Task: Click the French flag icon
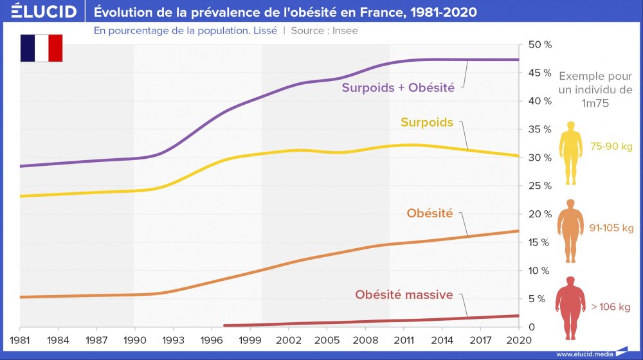tap(41, 48)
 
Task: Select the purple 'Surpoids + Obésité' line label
tap(398, 87)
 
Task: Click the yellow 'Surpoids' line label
tap(427, 122)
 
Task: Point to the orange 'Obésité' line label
tap(430, 213)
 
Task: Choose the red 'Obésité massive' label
tap(404, 295)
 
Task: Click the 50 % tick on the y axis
tap(539, 45)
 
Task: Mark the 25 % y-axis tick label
tap(539, 186)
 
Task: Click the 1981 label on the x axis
tap(20, 339)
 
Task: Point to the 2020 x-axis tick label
tap(518, 339)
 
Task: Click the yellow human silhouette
tap(570, 152)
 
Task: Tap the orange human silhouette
tap(570, 231)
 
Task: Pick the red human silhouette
tap(570, 309)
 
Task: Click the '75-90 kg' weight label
tap(611, 147)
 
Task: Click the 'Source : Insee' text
tap(324, 30)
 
